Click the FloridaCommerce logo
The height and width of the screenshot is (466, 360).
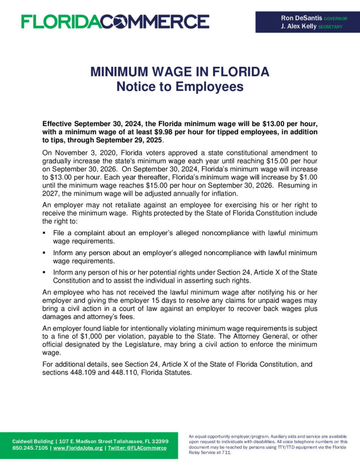(x=115, y=21)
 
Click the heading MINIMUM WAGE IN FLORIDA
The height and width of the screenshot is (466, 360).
(x=180, y=72)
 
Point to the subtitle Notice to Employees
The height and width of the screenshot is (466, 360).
(x=180, y=86)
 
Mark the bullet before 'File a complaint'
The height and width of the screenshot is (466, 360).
(x=44, y=233)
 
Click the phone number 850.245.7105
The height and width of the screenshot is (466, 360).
(x=30, y=448)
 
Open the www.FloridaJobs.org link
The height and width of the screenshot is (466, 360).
(x=78, y=448)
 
